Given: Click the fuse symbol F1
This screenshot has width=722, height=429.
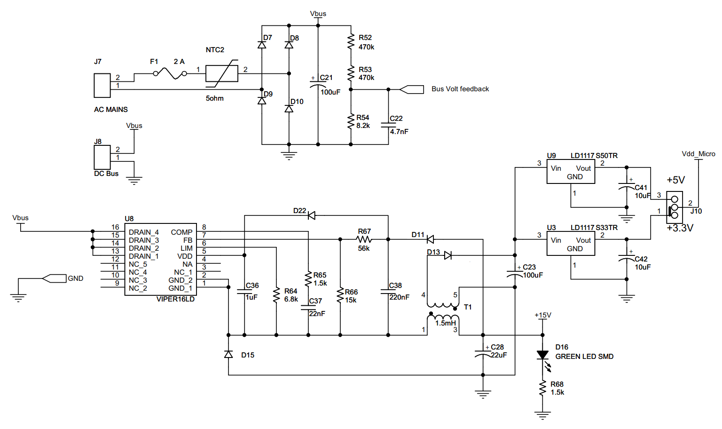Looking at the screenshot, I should pos(170,73).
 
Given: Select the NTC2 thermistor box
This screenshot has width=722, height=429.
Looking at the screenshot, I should pos(222,74).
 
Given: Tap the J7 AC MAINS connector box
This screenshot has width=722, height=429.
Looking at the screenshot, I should pos(102,85).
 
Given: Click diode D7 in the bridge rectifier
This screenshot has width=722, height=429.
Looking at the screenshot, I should pos(262,45).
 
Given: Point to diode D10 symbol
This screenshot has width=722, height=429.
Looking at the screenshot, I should pos(289,109).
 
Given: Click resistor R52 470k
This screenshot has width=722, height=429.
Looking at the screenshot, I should pos(351,41).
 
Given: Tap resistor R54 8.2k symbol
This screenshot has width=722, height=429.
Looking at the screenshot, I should pos(351,121).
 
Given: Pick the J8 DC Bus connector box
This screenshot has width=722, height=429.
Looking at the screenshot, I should pos(102,157).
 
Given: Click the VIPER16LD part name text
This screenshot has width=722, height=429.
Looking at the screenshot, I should pos(175,299).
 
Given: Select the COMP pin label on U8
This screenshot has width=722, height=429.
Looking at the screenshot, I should pos(181,232).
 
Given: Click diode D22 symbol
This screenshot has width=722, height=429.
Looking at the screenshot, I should pos(311,215).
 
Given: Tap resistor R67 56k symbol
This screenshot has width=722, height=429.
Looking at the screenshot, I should pos(364,239).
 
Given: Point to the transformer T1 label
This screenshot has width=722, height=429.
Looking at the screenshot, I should pos(468,307).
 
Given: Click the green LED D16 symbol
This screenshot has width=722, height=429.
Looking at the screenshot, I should pos(542,356).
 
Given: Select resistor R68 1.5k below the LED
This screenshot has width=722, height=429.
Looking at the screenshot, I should pos(542,389).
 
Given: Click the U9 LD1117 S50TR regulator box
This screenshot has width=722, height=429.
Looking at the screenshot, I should pos(571,172).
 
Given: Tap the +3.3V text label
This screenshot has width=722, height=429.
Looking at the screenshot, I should pos(680,228).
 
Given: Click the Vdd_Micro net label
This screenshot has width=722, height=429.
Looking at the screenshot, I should pos(698,154).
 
